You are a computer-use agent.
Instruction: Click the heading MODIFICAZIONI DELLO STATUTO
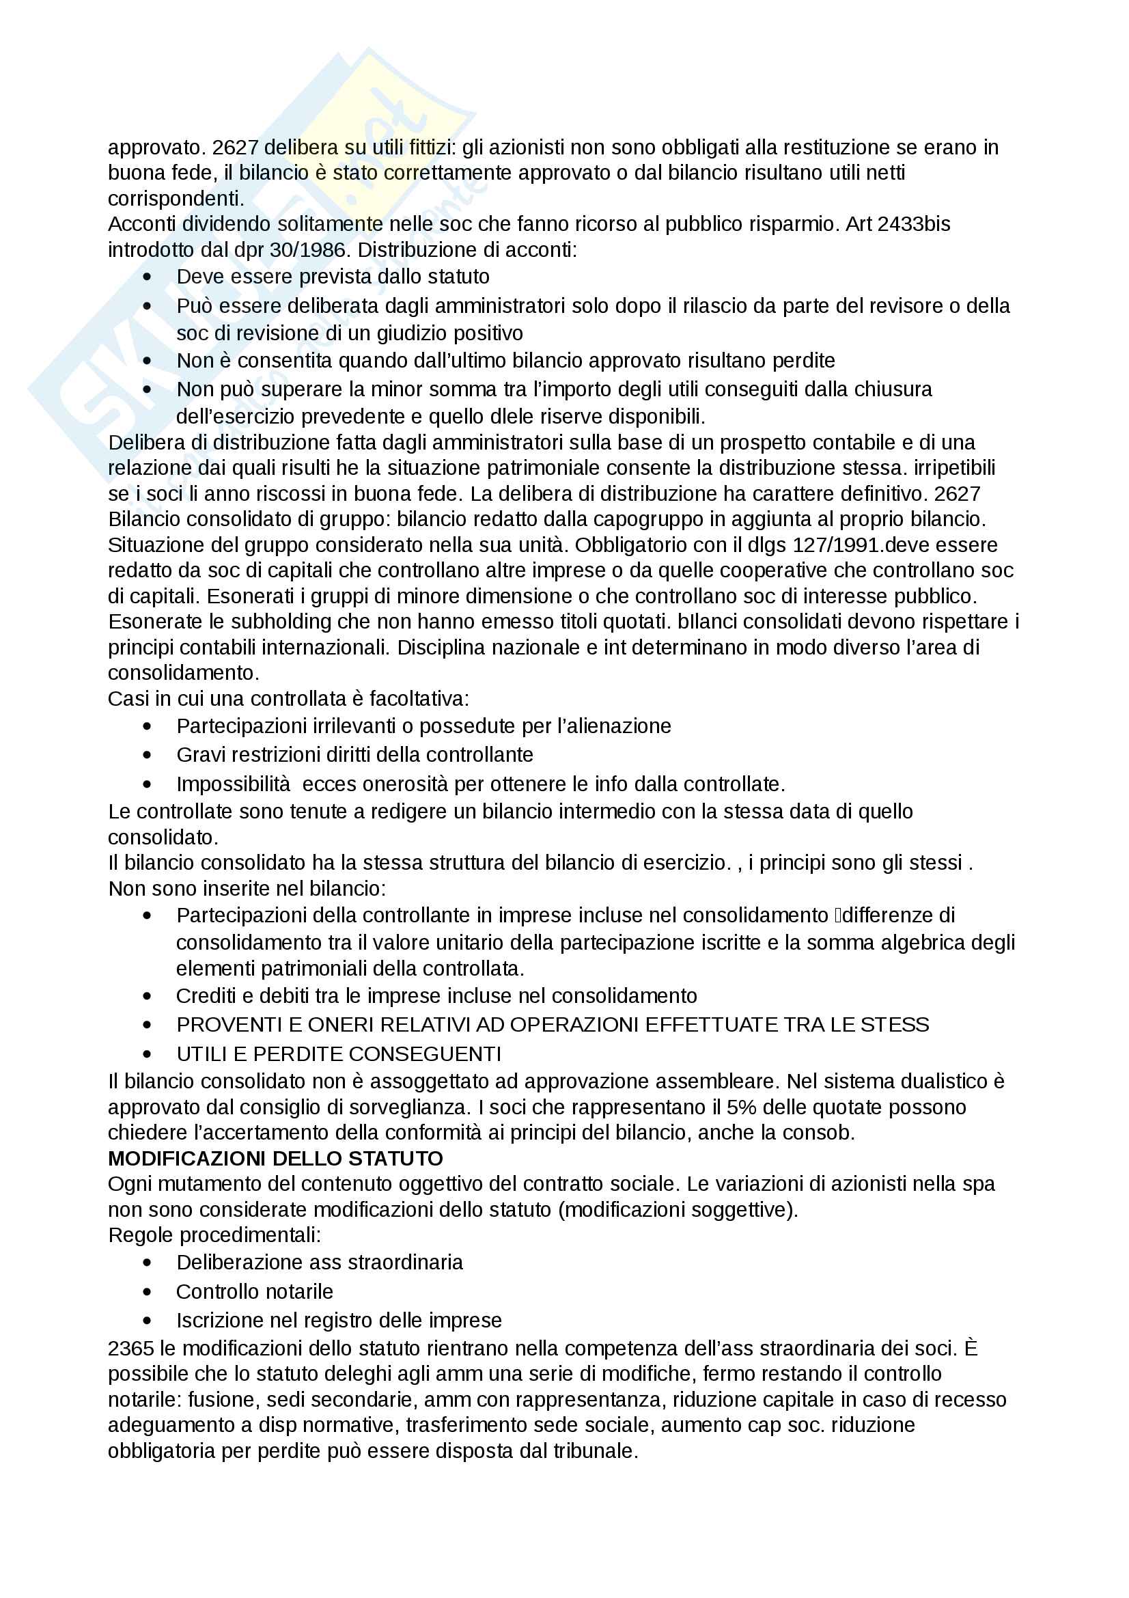click(x=275, y=1158)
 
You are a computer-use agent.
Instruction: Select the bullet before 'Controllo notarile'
click(x=147, y=1292)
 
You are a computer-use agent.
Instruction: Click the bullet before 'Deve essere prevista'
click(x=147, y=277)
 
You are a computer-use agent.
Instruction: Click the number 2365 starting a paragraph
click(x=130, y=1348)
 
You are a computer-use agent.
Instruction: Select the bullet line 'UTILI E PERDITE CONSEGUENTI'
click(x=339, y=1053)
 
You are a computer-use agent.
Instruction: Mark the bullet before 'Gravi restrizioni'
click(x=147, y=755)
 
